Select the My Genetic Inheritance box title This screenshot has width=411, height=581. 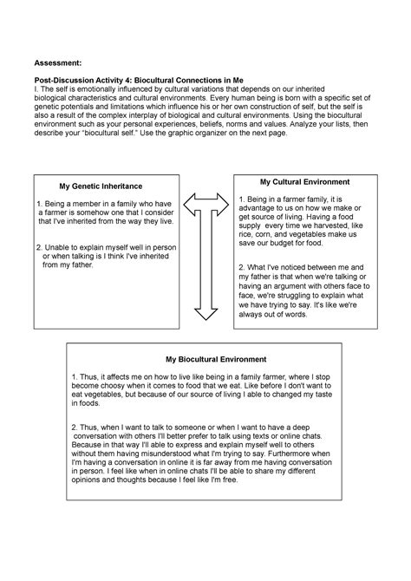tap(101, 186)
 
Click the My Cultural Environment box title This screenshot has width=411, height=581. tap(305, 182)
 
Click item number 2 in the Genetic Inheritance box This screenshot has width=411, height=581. tap(40, 246)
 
